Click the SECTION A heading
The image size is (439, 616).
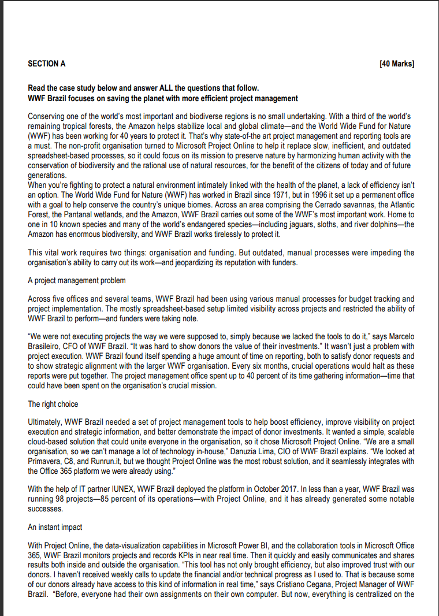click(47, 64)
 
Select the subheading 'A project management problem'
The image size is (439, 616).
click(77, 280)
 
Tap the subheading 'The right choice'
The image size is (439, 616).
click(53, 404)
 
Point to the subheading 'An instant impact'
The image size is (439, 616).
click(55, 527)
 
